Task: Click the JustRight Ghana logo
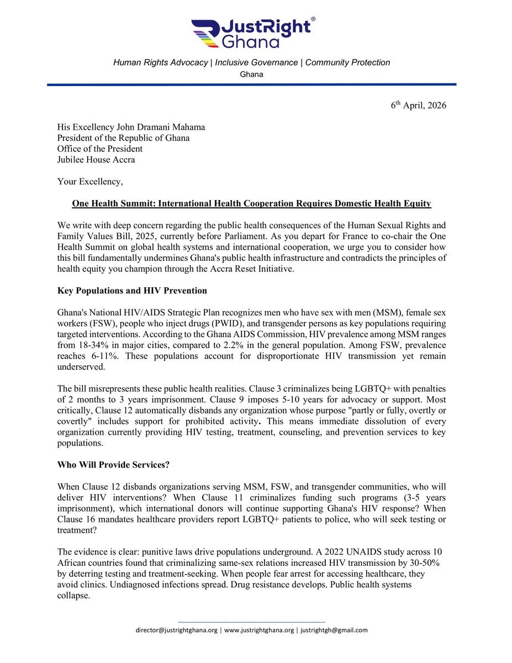252,34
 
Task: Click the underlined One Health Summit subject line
251,204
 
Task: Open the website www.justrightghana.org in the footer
258,630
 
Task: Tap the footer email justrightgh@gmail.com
334,630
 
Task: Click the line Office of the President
100,149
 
